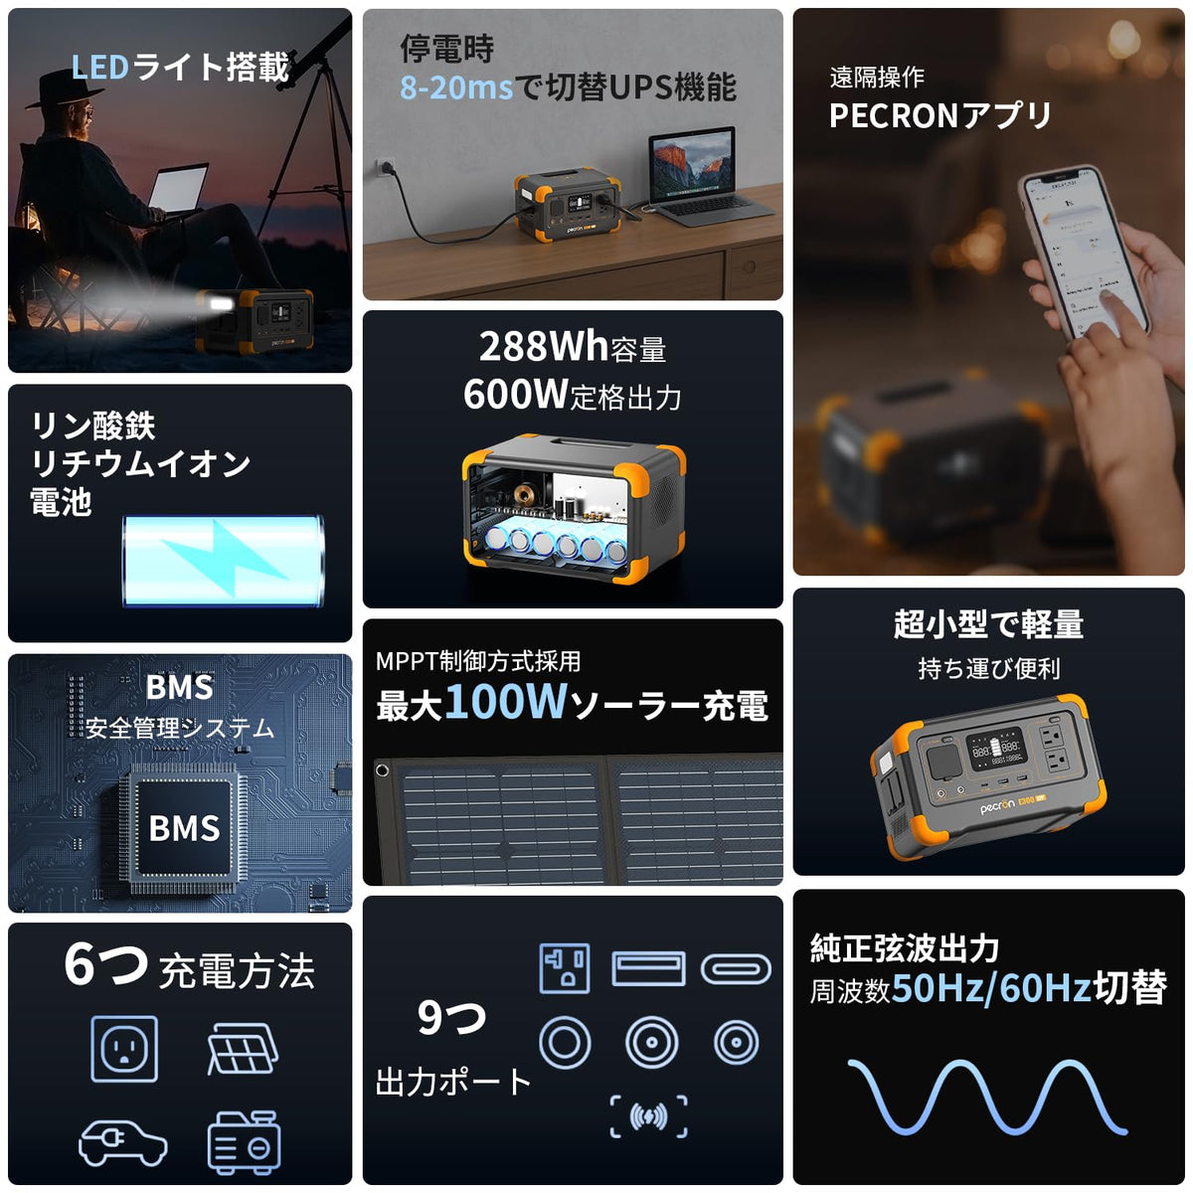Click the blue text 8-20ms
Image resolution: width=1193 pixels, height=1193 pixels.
(x=456, y=87)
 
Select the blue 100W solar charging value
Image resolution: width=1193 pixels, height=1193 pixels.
(x=506, y=702)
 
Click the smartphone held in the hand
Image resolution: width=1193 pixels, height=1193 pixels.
(x=1084, y=254)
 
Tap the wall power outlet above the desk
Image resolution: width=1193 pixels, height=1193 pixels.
(x=386, y=168)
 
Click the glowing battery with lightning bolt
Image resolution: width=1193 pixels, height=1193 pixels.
(x=224, y=561)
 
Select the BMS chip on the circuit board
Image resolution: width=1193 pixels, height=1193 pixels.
(x=184, y=828)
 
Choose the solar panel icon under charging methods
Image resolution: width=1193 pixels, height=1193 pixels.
(x=243, y=1049)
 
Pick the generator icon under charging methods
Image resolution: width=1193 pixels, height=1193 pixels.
(x=244, y=1141)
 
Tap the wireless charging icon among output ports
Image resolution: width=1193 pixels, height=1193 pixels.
(x=648, y=1116)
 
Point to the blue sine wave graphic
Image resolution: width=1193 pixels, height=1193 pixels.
(x=987, y=1097)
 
